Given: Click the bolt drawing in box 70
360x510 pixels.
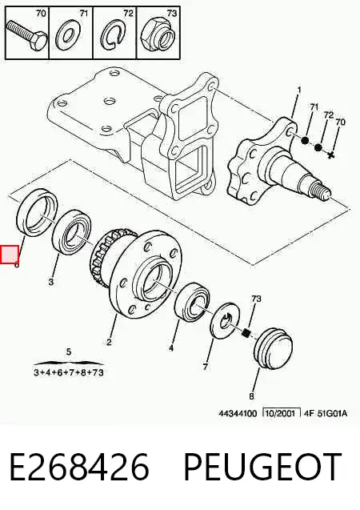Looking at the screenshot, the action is tap(26, 35).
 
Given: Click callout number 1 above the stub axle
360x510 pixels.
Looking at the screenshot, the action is tap(299, 90).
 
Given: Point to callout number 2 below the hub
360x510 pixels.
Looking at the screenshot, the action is tap(109, 342).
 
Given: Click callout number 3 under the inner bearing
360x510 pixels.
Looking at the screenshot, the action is tap(51, 282).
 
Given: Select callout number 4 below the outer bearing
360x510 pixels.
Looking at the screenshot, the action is tap(171, 348).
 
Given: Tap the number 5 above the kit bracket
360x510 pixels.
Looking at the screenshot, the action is tap(68, 352).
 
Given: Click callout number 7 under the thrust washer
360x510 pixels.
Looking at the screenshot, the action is tap(205, 367).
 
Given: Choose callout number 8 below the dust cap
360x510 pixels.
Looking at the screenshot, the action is tap(251, 396).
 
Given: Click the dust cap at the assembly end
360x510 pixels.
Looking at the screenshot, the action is tap(274, 348).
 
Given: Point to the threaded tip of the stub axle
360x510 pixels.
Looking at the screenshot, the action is tap(322, 191).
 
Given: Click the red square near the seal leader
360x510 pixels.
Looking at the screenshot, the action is tap(10, 255).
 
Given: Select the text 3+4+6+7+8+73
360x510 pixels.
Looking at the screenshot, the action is tap(69, 372).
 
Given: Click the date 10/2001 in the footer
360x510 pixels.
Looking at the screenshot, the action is tap(281, 413).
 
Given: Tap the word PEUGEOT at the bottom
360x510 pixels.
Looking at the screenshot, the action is tap(262, 467).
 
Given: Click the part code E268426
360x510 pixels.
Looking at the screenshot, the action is tap(80, 467).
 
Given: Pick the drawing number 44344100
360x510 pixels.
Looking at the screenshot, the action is tap(238, 413).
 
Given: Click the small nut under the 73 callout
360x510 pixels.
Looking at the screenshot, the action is tap(247, 333).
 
